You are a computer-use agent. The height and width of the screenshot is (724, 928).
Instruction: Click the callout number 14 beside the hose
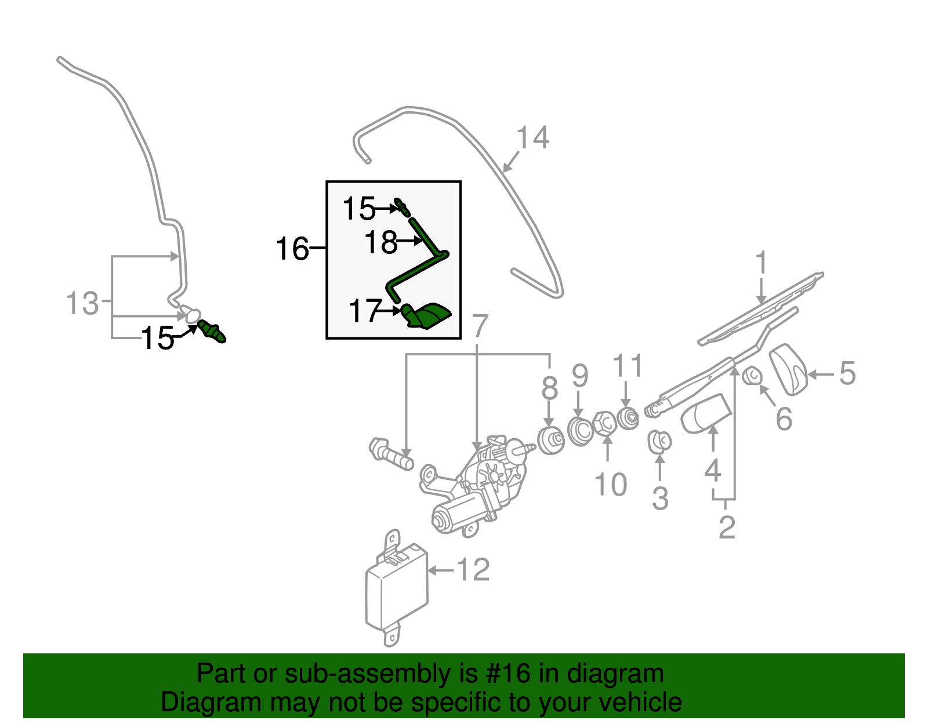click(532, 139)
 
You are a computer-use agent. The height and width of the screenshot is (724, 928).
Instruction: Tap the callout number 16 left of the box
click(292, 249)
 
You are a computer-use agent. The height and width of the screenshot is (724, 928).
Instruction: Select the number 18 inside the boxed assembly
click(381, 242)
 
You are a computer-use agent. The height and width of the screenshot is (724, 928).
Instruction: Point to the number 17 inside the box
click(365, 311)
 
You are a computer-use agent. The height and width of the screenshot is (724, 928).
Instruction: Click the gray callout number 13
click(82, 304)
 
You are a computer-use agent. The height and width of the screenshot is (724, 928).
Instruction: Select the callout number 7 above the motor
click(480, 326)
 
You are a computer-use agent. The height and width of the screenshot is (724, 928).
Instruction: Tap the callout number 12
click(473, 570)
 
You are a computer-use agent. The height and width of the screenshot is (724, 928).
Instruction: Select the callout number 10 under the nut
click(611, 485)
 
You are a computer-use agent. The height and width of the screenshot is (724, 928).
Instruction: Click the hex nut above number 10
click(604, 425)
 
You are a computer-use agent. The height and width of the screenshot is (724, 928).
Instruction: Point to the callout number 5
click(847, 373)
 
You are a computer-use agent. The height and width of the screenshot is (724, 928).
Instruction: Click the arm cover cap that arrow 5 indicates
click(789, 369)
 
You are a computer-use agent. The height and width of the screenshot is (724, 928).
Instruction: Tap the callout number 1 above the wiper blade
click(761, 264)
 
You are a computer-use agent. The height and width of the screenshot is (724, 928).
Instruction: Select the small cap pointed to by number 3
click(659, 442)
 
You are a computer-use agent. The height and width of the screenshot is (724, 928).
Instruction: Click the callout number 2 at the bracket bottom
click(726, 527)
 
